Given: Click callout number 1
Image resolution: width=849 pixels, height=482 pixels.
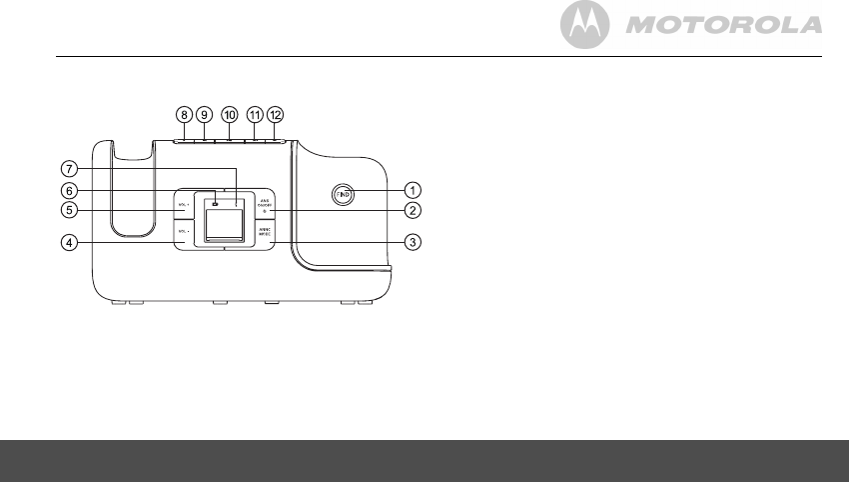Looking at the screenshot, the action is (x=412, y=189).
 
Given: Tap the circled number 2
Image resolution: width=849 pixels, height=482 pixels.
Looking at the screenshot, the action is (x=412, y=210).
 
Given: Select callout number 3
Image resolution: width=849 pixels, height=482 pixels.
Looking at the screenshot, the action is (x=412, y=241).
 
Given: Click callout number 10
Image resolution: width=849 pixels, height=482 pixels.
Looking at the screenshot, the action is (x=230, y=115).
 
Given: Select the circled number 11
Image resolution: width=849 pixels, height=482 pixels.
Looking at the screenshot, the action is (x=256, y=115).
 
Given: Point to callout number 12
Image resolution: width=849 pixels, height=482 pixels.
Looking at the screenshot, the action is (x=276, y=115).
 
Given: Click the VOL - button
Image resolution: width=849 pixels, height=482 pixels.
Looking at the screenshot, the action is (x=183, y=232).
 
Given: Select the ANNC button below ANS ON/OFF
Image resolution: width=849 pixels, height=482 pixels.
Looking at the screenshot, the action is (x=267, y=232).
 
